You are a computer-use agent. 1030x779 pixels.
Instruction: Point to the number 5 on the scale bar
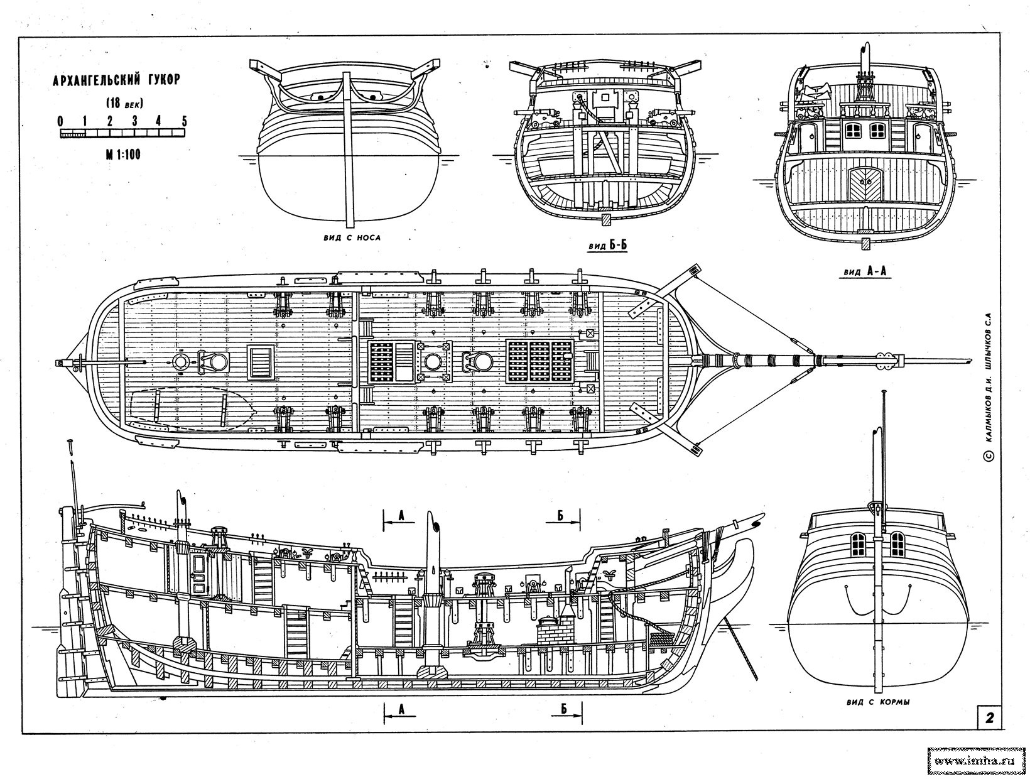pyautogui.click(x=184, y=121)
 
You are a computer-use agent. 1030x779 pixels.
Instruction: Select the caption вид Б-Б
pyautogui.click(x=608, y=246)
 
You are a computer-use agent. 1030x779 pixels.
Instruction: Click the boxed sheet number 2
pyautogui.click(x=990, y=718)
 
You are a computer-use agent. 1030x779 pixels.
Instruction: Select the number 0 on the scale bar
pyautogui.click(x=60, y=121)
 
